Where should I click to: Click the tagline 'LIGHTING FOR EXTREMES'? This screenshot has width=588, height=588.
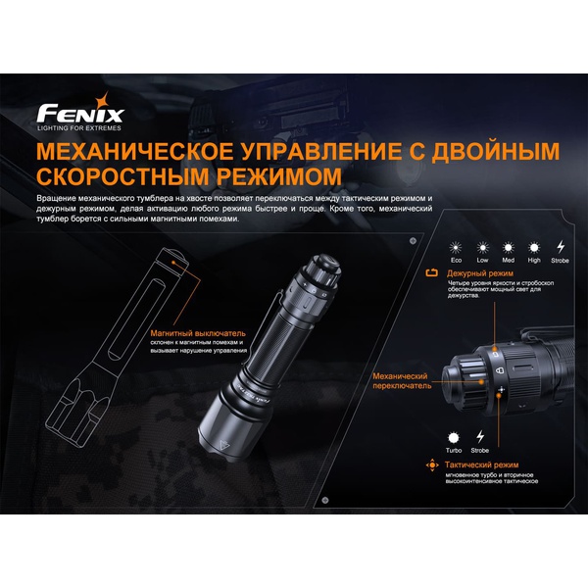[80, 128]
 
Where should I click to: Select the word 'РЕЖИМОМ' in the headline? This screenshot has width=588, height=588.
[271, 179]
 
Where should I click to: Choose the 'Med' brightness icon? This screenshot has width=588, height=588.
[508, 249]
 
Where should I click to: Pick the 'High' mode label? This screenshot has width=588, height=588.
[534, 262]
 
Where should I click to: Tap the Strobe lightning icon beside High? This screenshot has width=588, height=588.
[561, 249]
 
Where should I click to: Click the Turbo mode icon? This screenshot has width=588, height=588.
[454, 437]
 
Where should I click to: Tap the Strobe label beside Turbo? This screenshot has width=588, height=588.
[480, 450]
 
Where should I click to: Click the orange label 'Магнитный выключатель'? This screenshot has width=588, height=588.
[187, 333]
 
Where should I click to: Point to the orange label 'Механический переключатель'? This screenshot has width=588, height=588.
[402, 380]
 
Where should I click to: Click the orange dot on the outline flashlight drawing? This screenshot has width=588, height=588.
[174, 263]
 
